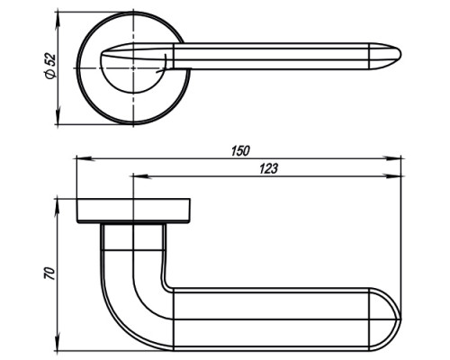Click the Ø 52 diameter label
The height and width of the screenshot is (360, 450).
click(x=50, y=67)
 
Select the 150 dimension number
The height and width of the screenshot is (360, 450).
click(x=240, y=151)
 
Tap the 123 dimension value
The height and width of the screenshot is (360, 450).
click(x=268, y=168)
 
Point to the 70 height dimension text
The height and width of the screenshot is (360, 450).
click(x=50, y=273)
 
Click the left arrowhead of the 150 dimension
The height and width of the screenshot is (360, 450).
click(x=86, y=158)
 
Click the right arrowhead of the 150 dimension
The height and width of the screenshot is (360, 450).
click(x=392, y=158)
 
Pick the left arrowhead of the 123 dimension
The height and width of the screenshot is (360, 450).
click(x=142, y=176)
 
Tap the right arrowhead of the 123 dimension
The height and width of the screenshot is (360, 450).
click(x=392, y=176)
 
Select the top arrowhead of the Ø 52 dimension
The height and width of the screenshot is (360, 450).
click(x=58, y=21)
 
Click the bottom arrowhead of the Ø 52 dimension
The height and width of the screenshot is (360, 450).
click(x=58, y=115)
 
